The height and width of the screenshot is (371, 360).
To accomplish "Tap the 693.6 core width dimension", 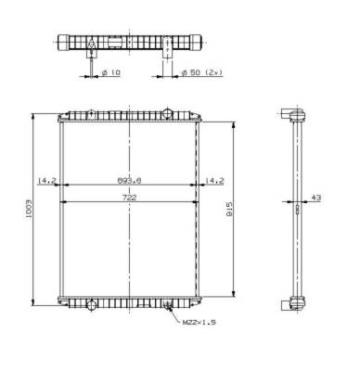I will [x=130, y=180].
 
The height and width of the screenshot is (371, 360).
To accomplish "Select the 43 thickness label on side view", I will [x=316, y=198].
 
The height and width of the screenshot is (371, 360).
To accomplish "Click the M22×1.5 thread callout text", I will [x=199, y=323].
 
